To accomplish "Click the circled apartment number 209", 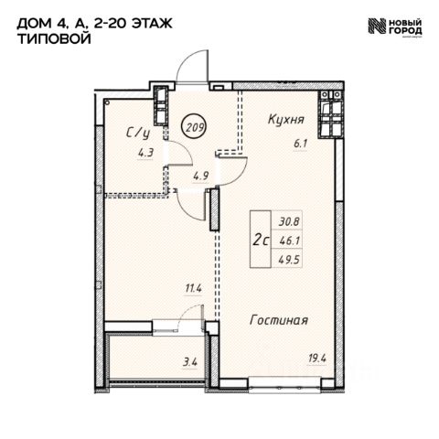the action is point(194,127).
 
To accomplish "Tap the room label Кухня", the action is point(286,119).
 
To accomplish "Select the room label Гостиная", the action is point(279,320).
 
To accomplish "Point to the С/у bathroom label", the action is point(138,134).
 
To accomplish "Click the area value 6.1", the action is point(300,144).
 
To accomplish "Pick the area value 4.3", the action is point(145,153).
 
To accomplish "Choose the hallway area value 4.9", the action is point(200,176).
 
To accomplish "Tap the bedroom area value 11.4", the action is point(194,288).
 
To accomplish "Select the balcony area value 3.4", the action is point(190,363).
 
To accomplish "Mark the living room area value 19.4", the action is point(317,359).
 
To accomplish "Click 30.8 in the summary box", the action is point(289,222).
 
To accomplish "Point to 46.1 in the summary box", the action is point(290,241).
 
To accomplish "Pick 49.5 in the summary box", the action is point(290,260).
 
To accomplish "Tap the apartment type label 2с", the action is point(261,241).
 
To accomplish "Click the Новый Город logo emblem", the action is point(378,26).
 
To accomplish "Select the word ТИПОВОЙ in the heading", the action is point(54,39).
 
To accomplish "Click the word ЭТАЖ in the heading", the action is point(152,23).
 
